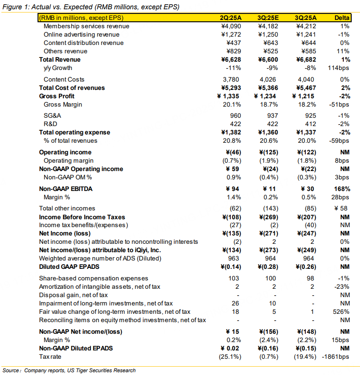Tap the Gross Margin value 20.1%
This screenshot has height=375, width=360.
click(231, 105)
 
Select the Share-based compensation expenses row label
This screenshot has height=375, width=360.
click(94, 278)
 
